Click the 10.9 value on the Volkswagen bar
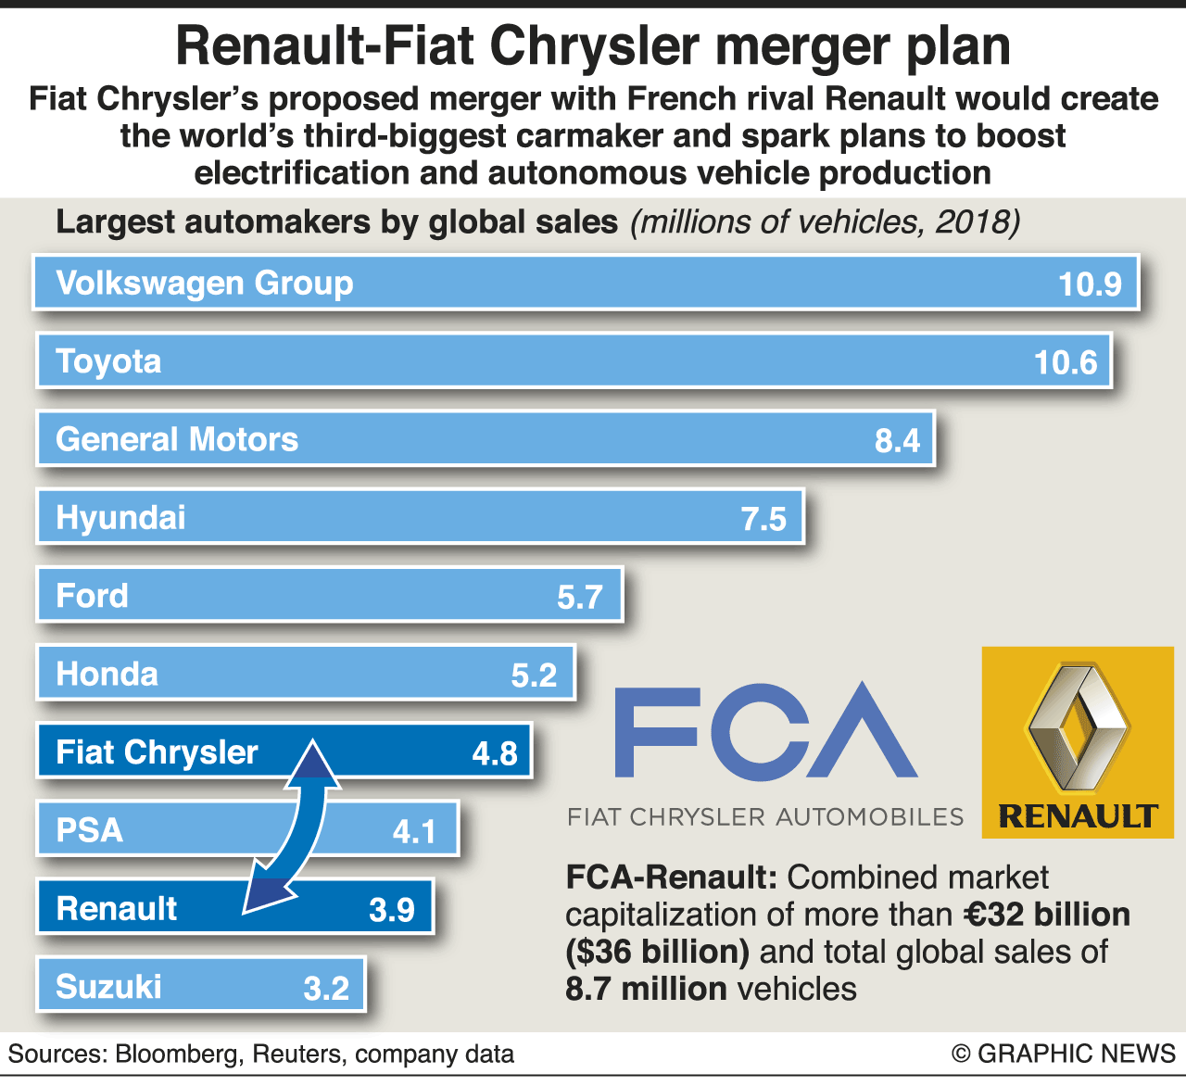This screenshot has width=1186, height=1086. (1090, 284)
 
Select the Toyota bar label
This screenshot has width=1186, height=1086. (108, 361)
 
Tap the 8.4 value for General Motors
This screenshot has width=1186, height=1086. (897, 440)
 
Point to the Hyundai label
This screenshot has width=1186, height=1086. (120, 517)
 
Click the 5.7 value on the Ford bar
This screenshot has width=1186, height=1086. (580, 597)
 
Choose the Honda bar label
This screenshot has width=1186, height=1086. (107, 674)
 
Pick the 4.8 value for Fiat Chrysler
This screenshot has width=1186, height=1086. (495, 753)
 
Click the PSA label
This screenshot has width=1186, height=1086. (89, 830)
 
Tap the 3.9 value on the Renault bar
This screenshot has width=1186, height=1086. (392, 910)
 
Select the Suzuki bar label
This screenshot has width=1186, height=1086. (108, 987)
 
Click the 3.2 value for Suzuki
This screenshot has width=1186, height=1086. (326, 989)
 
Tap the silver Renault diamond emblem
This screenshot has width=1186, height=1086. (1077, 727)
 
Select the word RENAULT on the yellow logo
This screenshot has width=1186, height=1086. (1078, 816)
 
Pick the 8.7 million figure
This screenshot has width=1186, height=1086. (646, 989)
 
